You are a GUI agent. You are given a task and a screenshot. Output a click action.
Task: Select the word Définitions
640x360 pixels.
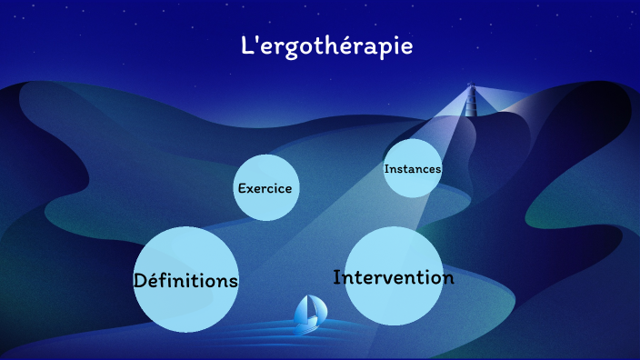186,280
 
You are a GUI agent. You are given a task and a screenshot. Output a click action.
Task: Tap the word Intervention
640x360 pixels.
394,277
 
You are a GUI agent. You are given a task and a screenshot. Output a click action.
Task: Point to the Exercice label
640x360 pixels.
265,189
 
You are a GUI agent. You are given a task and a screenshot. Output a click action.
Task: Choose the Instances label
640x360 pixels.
413,169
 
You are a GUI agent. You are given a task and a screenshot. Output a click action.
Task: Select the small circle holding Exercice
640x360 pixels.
265,205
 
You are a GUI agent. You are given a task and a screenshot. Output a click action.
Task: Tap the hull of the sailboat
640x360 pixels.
308,323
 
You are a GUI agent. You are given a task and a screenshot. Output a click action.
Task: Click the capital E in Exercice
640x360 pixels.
242,189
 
